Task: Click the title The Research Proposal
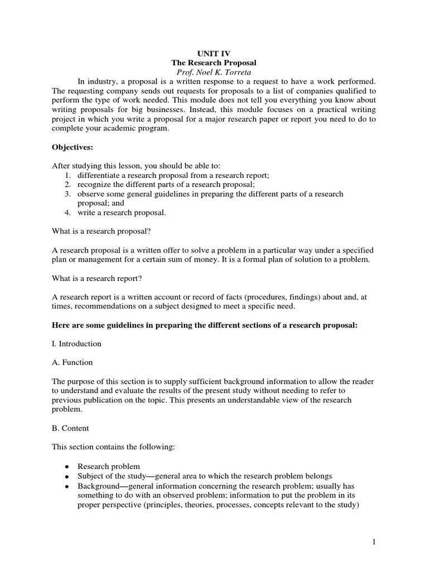coord(213,64)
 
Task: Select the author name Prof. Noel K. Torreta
coord(213,73)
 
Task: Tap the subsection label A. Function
coord(72,362)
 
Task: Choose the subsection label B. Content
coord(71,428)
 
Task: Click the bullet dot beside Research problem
coord(67,467)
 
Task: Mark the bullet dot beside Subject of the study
coord(67,477)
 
